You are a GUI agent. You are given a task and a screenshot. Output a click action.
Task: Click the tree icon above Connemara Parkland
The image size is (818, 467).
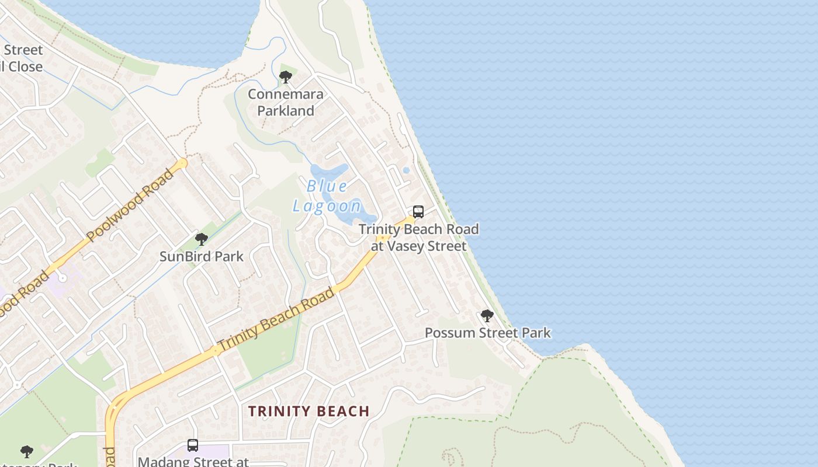(285, 76)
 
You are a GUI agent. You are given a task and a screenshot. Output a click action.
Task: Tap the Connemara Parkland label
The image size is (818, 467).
(286, 102)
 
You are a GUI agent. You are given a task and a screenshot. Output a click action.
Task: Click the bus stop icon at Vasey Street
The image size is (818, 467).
(418, 212)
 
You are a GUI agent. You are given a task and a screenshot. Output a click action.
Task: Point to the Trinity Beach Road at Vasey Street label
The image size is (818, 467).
(419, 238)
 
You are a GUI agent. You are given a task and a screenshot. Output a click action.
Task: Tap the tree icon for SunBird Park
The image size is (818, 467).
(202, 239)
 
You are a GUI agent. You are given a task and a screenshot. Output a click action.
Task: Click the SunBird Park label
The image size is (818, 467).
(202, 256)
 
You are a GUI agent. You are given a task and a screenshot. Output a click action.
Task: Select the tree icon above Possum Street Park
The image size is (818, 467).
(487, 316)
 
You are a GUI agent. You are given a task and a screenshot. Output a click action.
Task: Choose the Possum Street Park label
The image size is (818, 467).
(487, 333)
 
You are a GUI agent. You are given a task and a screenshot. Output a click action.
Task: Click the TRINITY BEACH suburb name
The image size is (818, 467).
(309, 411)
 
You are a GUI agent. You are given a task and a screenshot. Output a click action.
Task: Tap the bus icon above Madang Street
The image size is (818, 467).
(193, 445)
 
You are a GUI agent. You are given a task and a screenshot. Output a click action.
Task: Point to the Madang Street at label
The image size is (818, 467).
(193, 462)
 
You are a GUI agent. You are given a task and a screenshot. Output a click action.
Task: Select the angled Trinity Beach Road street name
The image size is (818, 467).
(276, 319)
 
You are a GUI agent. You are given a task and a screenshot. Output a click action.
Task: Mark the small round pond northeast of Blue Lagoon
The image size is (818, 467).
(406, 170)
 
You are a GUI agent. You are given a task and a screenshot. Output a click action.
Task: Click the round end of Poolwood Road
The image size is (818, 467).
(183, 163)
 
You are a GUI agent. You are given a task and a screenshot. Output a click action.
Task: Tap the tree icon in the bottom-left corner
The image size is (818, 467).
(26, 451)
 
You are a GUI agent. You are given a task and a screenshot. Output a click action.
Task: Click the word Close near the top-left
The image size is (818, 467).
(25, 67)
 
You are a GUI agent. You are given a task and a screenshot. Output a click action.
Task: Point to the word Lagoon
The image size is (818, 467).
(328, 205)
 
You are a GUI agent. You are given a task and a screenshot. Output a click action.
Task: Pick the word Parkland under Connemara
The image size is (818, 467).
(286, 110)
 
